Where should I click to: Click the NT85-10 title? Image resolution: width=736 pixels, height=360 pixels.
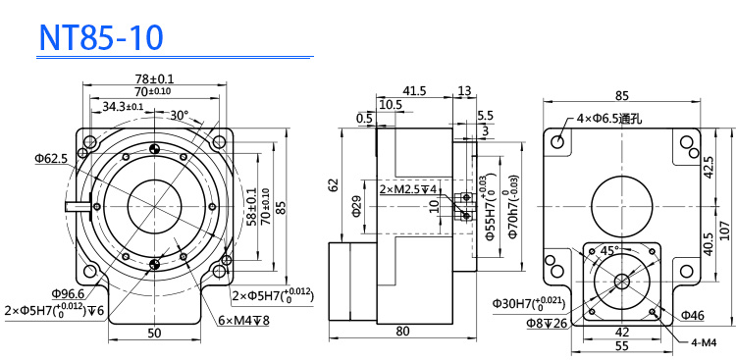click(101, 37)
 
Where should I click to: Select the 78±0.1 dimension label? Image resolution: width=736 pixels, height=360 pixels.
click(154, 78)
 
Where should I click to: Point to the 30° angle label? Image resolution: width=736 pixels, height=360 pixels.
click(179, 115)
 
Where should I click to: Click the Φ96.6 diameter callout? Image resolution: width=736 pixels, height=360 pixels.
click(68, 294)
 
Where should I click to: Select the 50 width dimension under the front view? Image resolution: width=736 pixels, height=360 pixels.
click(154, 334)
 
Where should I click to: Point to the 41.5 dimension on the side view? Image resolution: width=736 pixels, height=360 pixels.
click(414, 91)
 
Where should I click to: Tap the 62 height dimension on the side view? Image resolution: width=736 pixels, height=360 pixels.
click(334, 185)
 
